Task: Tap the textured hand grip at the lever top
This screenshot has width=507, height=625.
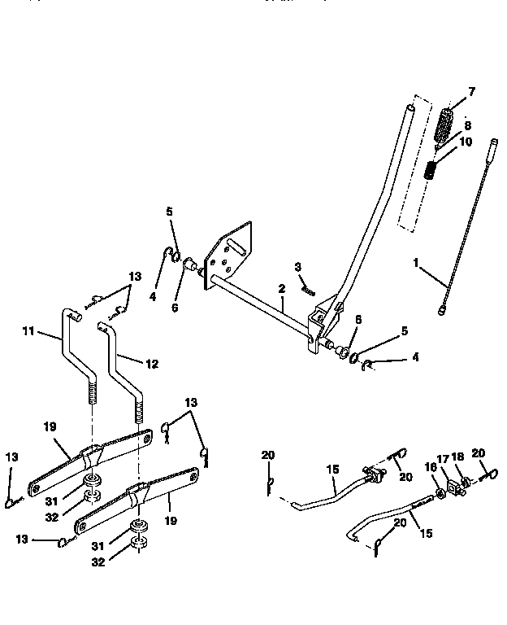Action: [445, 126]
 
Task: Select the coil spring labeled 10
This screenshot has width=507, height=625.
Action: [433, 172]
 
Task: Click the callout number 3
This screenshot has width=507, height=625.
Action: [298, 267]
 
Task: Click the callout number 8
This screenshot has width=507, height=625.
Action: [466, 126]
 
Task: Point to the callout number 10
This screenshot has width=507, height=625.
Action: [466, 142]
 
